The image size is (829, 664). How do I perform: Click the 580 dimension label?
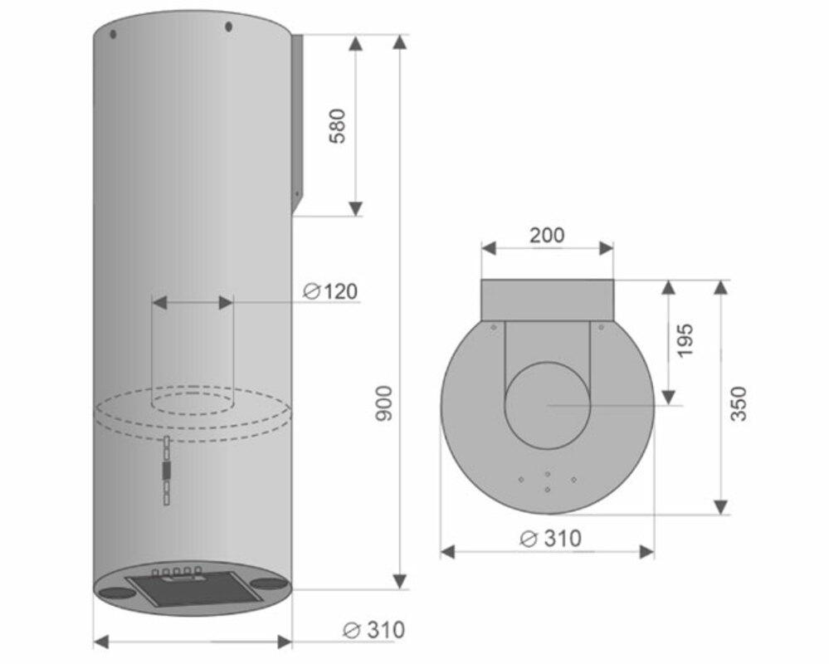337,126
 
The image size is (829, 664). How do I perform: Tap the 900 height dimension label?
384,403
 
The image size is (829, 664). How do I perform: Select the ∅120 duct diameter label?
330,291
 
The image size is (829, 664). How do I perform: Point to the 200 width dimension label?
547,235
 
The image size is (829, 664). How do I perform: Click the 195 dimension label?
684,340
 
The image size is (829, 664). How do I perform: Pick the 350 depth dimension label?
739,404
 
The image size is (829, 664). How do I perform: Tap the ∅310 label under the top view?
550,539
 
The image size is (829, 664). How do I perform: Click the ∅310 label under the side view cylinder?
373,630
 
